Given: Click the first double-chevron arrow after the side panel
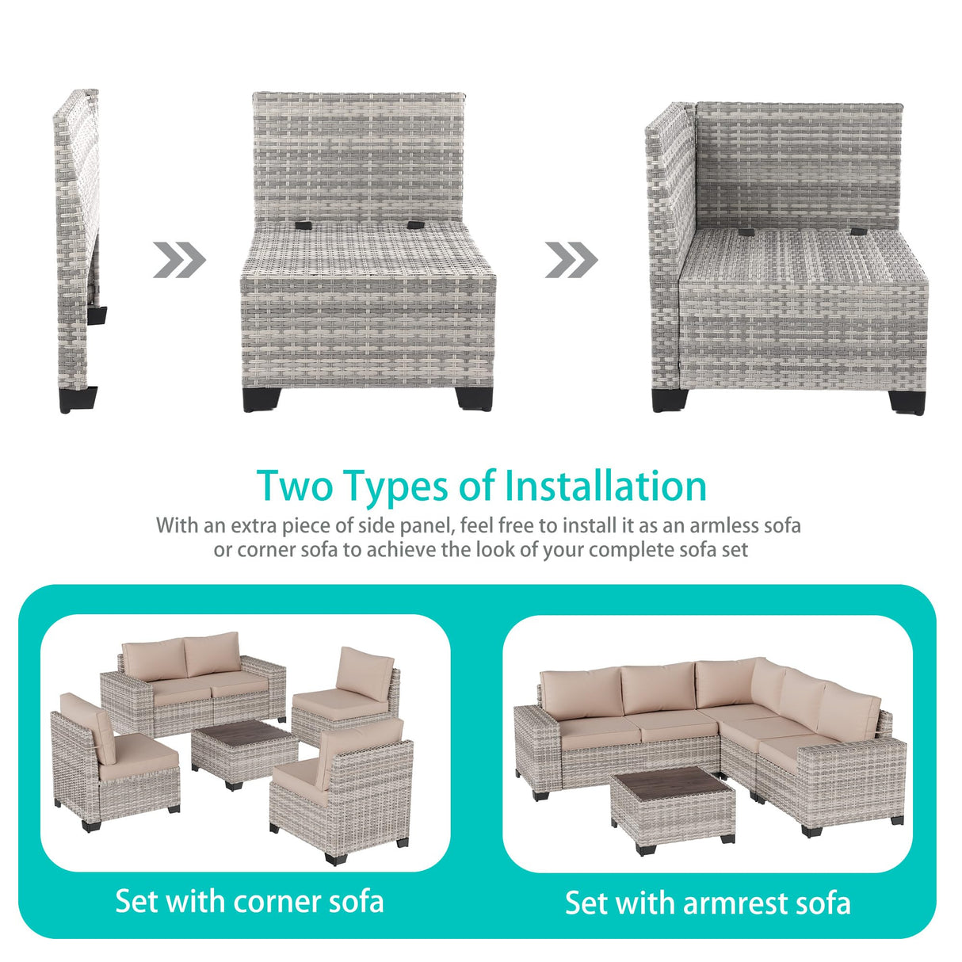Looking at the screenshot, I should point(179,260).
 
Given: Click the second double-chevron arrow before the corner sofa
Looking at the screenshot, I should point(571,260).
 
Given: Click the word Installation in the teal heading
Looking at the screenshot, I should point(605,486).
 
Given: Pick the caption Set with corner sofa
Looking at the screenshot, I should point(249,901).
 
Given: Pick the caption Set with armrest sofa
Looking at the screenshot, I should point(708,903).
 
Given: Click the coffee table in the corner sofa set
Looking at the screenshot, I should point(243,753).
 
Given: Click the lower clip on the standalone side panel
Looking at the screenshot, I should point(97,314).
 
